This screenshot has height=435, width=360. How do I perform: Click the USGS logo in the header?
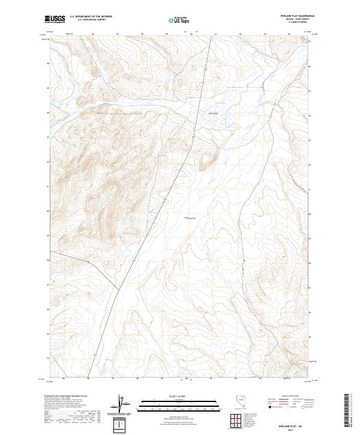(x=55, y=19)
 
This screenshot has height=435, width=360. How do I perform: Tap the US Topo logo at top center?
(x=179, y=20)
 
